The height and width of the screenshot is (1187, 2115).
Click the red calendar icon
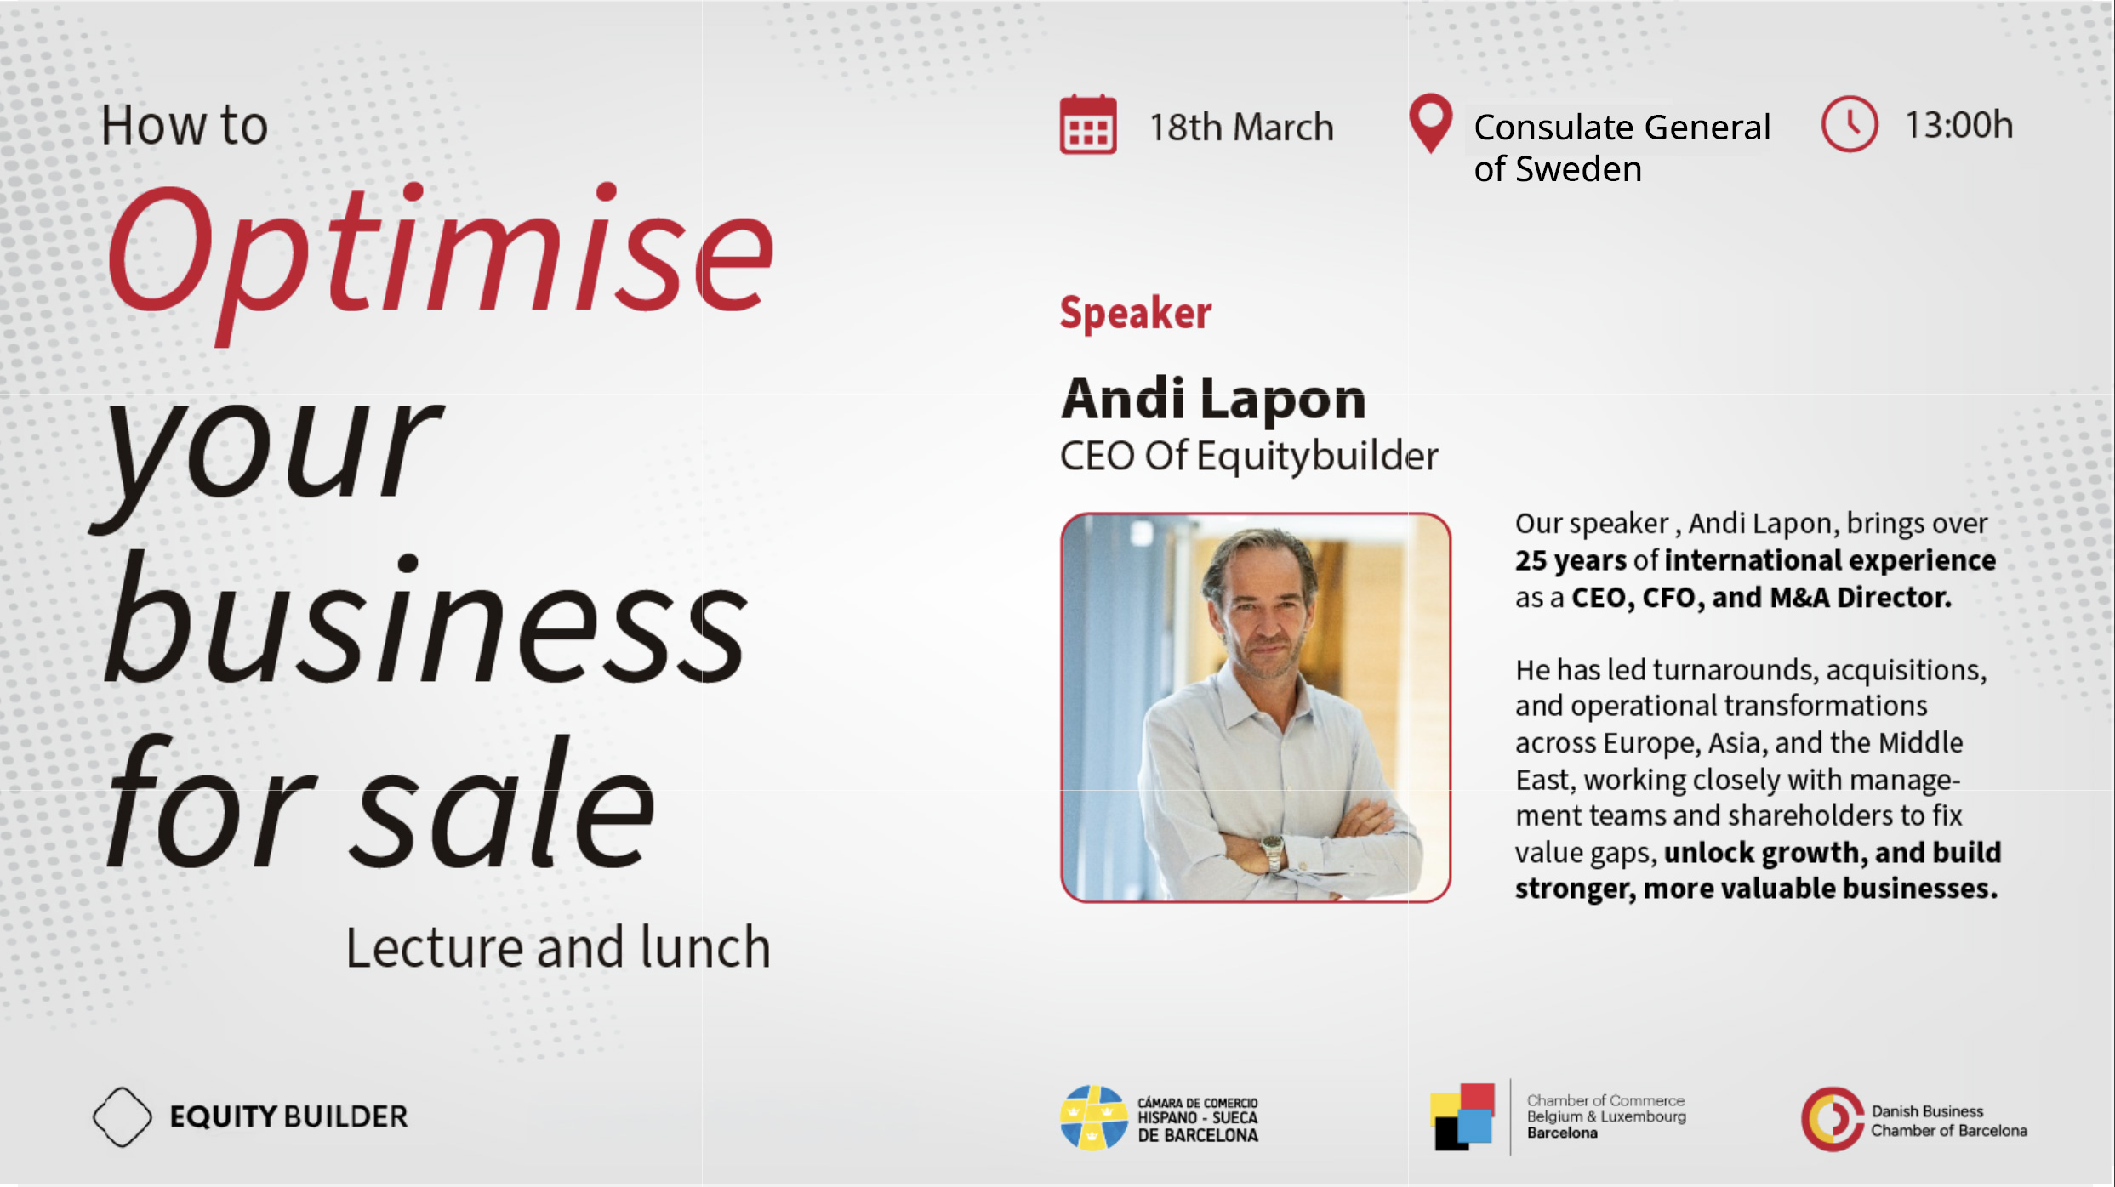pos(1087,125)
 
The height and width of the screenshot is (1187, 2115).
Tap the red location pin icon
pos(1430,121)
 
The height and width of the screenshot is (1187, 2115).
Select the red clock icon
pos(1849,124)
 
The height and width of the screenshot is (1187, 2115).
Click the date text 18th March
pos(1240,128)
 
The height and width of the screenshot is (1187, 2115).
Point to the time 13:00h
pos(1958,125)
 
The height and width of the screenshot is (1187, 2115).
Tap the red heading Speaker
pos(1135,313)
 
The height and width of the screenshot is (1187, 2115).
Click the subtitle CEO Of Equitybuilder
pos(1248,456)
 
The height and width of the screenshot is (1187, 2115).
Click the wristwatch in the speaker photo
pos(1272,849)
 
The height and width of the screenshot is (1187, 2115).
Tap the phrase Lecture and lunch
pos(558,947)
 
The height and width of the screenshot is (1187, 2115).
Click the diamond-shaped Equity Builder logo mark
pos(123,1116)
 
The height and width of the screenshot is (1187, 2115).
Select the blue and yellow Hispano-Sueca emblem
pos(1093,1117)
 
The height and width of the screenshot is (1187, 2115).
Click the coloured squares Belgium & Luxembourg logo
pos(1462,1116)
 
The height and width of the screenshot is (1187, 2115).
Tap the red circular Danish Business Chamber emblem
pos(1832,1119)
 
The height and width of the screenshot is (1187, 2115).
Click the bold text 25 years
pos(1571,560)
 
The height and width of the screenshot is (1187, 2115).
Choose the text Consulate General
pos(1622,128)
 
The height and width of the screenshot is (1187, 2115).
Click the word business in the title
pos(425,625)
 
